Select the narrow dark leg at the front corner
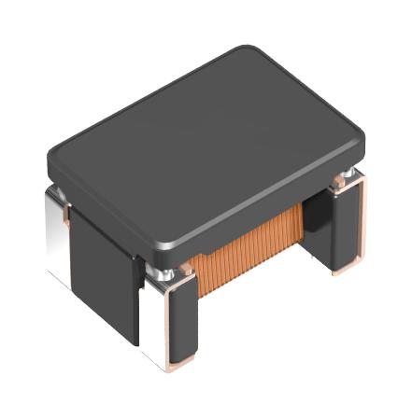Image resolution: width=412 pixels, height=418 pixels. [182, 322]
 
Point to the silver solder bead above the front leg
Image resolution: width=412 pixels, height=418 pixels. [167, 270]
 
